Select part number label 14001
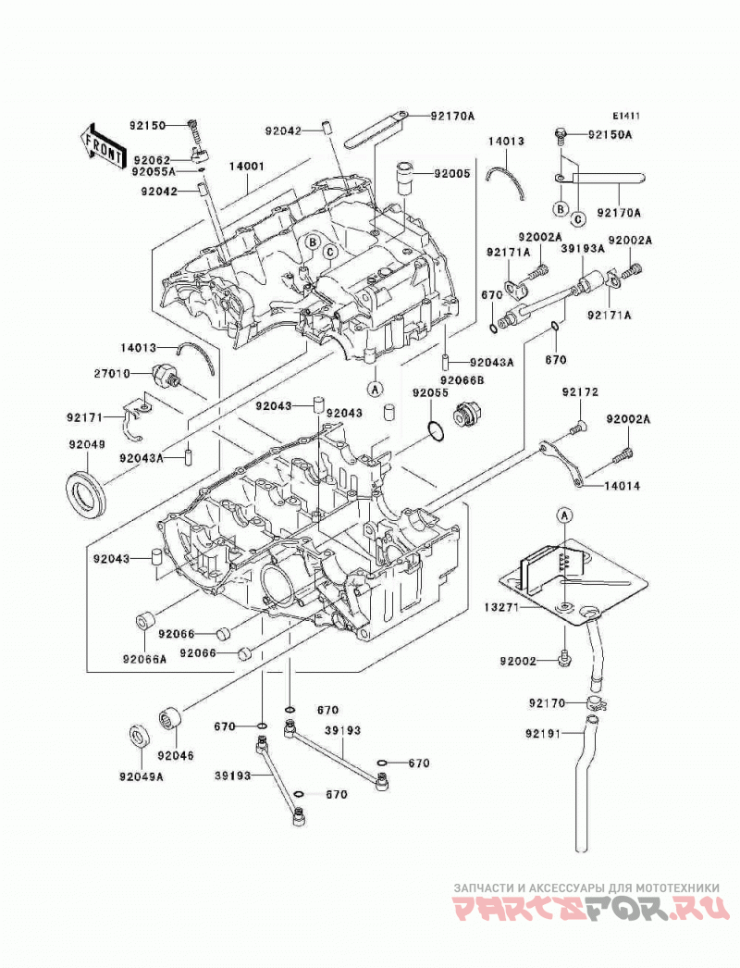point(247,166)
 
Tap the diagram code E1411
point(626,116)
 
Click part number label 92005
point(451,173)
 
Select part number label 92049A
point(142,776)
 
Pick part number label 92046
point(175,755)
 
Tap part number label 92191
point(544,734)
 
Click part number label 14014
point(623,486)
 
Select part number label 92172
point(580,392)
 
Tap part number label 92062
point(151,159)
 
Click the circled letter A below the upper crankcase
point(375,389)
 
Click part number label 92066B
point(462,380)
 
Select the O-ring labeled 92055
point(436,431)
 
